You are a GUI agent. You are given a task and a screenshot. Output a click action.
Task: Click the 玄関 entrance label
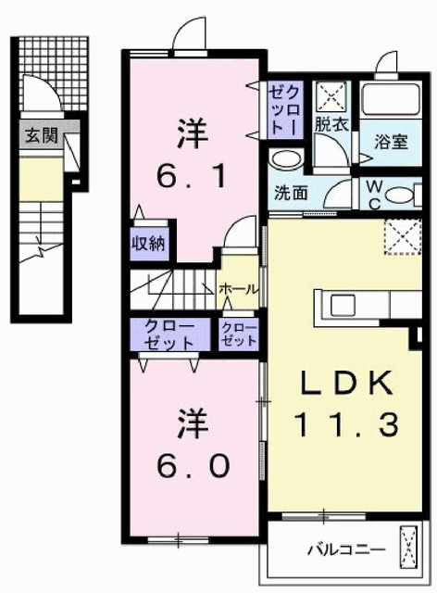coord(41,135)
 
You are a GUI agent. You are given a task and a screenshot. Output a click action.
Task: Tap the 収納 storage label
coord(147,246)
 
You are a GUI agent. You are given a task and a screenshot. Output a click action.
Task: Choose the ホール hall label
coord(238,289)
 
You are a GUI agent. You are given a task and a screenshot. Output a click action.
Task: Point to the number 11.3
coord(346,425)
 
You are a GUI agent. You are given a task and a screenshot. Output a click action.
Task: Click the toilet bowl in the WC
coord(402,195)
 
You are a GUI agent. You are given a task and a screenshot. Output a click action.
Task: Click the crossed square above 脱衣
coord(329,97)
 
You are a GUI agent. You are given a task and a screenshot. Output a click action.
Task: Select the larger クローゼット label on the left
coord(168,334)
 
